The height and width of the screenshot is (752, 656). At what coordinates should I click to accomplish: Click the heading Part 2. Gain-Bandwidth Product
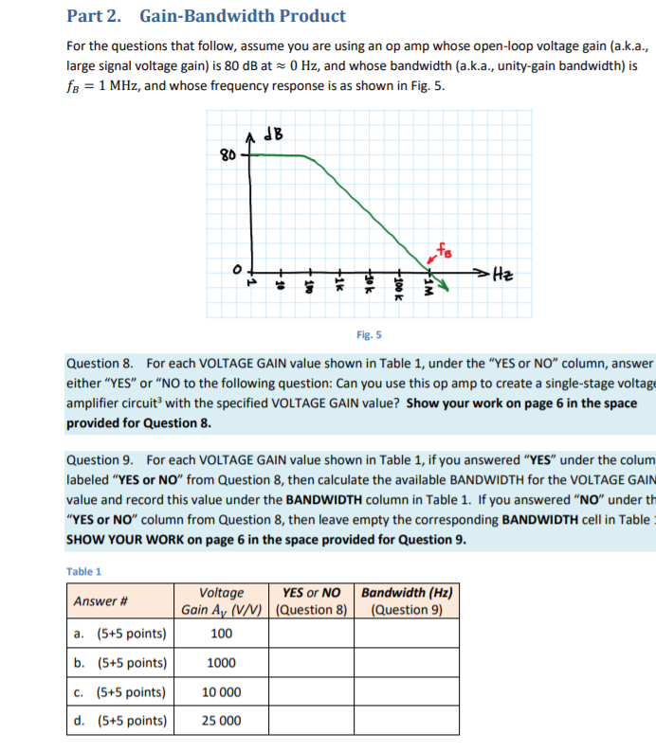coord(206,16)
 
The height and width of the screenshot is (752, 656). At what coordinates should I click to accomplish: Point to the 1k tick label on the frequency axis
coord(337,284)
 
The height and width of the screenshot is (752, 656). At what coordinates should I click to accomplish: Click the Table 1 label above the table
coord(84,571)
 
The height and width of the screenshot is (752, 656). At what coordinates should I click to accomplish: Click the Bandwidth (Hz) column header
coord(407,601)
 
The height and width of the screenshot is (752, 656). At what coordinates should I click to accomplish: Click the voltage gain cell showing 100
coord(222,634)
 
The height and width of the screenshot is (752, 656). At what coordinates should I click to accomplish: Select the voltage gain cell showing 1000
coord(222,663)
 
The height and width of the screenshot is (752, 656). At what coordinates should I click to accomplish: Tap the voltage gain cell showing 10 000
coord(222,692)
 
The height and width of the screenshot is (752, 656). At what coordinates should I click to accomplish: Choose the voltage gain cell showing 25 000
coord(222,721)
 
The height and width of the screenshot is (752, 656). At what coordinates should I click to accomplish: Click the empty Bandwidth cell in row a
coord(407,634)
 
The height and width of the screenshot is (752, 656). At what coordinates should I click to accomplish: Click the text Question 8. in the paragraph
coord(100,364)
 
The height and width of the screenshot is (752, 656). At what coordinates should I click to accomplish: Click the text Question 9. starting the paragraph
coord(100,459)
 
